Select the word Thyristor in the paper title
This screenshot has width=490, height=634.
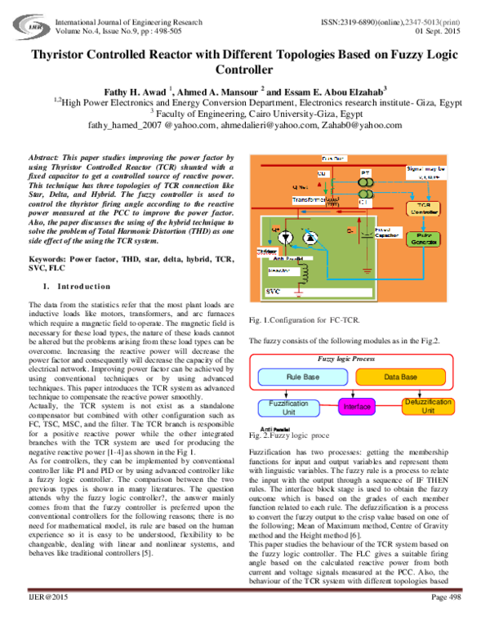(x=65, y=55)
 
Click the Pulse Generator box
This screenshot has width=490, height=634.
(x=441, y=240)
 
